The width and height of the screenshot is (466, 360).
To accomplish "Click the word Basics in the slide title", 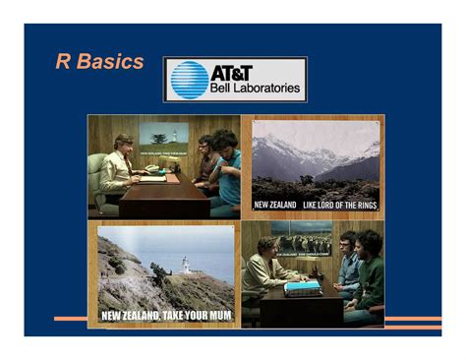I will (x=110, y=63).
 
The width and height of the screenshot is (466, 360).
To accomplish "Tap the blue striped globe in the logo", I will (x=188, y=80).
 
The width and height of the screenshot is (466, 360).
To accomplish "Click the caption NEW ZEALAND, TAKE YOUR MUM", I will (x=166, y=316).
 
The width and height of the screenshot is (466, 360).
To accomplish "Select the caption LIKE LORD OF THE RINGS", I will (x=339, y=205).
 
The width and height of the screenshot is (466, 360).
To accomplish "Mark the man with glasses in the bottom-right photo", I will (x=347, y=261).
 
